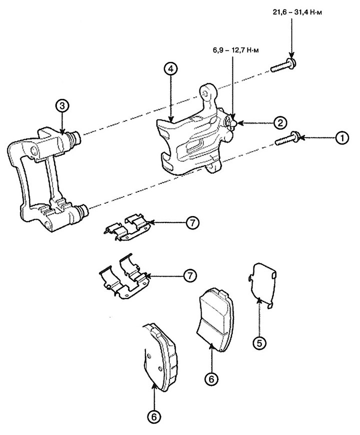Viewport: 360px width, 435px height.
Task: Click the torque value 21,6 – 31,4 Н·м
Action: click(x=297, y=12)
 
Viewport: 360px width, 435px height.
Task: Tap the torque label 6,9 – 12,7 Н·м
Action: click(x=233, y=51)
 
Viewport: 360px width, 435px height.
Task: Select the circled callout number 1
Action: click(x=342, y=138)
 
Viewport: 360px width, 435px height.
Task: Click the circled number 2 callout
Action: click(x=280, y=122)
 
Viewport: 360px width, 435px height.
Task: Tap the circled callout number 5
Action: click(x=259, y=343)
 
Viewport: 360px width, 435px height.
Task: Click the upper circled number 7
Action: click(x=192, y=222)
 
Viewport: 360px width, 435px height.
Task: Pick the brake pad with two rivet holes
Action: click(x=159, y=358)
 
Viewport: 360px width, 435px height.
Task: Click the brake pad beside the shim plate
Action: click(x=216, y=319)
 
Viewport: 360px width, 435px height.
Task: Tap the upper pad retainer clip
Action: click(x=126, y=227)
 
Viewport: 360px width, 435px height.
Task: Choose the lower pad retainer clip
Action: click(x=123, y=277)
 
